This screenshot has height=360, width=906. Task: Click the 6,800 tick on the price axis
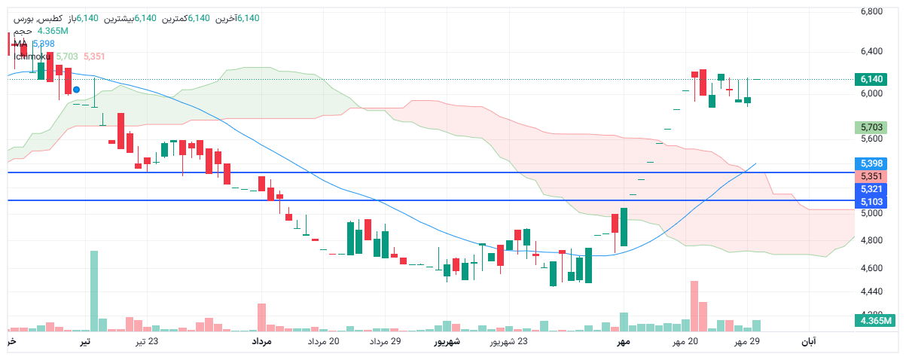(872, 11)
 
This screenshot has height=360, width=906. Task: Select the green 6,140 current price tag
(871, 79)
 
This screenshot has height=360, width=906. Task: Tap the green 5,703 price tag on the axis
(871, 127)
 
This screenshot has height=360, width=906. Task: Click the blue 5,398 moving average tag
(871, 163)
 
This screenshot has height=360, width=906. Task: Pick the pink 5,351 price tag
(871, 175)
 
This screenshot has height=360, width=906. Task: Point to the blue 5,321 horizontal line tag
(871, 189)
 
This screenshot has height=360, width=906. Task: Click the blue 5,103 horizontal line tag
(871, 202)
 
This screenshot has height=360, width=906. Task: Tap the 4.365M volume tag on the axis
(874, 321)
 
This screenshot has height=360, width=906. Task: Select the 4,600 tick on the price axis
(872, 268)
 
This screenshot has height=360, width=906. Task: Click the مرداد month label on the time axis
(261, 342)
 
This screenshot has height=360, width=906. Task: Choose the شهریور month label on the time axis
(446, 342)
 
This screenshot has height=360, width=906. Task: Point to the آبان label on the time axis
(808, 342)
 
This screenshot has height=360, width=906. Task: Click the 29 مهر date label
(748, 342)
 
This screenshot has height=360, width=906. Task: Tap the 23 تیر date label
(147, 342)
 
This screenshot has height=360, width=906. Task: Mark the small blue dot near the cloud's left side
(76, 90)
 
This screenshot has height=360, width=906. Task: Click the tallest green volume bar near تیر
(94, 291)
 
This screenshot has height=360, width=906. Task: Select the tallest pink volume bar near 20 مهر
(694, 306)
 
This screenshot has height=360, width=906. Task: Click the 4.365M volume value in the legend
(53, 31)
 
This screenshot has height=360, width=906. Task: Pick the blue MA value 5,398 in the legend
(44, 44)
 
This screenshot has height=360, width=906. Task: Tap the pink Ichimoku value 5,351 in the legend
(94, 56)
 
